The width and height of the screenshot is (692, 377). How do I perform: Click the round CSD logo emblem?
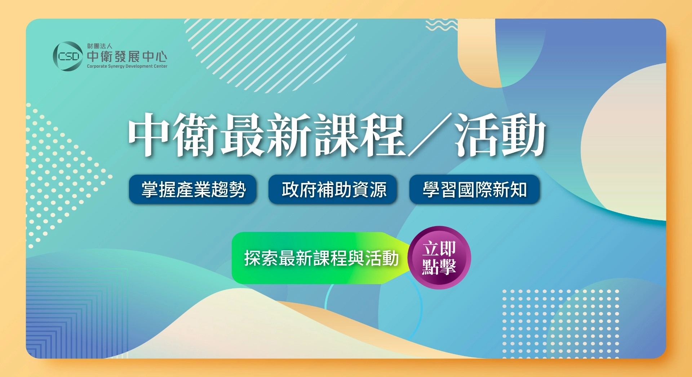(x=68, y=56)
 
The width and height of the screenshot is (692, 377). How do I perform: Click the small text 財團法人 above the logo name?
(x=99, y=46)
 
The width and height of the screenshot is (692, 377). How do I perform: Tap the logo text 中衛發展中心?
(x=127, y=57)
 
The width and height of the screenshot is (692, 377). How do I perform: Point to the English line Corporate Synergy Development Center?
(x=127, y=66)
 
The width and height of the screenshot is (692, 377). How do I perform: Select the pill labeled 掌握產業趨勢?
(x=193, y=189)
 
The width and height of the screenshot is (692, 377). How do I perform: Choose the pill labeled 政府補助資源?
(x=333, y=189)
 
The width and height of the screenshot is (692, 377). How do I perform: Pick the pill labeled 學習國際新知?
(x=474, y=189)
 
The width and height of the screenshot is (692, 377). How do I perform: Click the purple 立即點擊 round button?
(x=439, y=257)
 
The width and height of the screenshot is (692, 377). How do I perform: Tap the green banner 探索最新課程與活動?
(x=321, y=258)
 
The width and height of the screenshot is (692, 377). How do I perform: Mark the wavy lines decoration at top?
(x=442, y=25)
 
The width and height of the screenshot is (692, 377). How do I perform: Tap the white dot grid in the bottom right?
(x=560, y=324)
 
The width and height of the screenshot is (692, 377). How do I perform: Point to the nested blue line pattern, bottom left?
(x=77, y=313)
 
